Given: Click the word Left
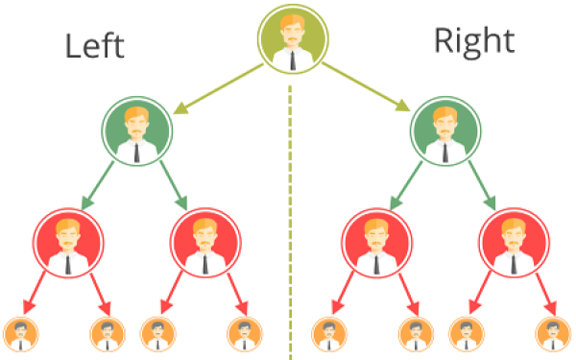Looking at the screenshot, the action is pyautogui.click(x=95, y=46).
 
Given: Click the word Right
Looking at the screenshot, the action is pyautogui.click(x=474, y=43).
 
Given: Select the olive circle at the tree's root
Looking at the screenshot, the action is pyautogui.click(x=293, y=39).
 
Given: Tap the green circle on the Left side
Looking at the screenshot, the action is pyautogui.click(x=136, y=132).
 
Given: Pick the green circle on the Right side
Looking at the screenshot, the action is pyautogui.click(x=445, y=132).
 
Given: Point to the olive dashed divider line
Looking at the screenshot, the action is pyautogui.click(x=290, y=223).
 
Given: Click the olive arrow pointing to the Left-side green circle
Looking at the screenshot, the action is pyautogui.click(x=218, y=88).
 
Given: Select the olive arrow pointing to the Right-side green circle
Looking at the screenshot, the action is pyautogui.click(x=367, y=87).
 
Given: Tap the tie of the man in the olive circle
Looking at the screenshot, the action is pyautogui.click(x=293, y=60).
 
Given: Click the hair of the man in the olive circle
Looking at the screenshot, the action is pyautogui.click(x=293, y=21).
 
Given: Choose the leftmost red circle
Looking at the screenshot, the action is pyautogui.click(x=68, y=243).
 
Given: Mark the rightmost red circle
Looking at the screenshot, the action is pyautogui.click(x=514, y=243).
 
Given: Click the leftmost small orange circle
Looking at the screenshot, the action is pyautogui.click(x=20, y=334).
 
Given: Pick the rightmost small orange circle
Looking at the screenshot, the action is pyautogui.click(x=553, y=334).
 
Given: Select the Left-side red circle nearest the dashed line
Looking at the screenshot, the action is pyautogui.click(x=205, y=243).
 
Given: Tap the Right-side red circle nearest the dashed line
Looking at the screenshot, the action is pyautogui.click(x=377, y=243).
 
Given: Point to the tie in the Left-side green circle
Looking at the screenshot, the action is pyautogui.click(x=136, y=153).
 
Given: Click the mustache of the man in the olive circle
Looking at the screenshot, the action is pyautogui.click(x=293, y=38).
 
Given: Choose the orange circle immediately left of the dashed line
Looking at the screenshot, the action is pyautogui.click(x=245, y=334).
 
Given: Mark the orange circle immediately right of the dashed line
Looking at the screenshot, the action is pyautogui.click(x=329, y=334).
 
